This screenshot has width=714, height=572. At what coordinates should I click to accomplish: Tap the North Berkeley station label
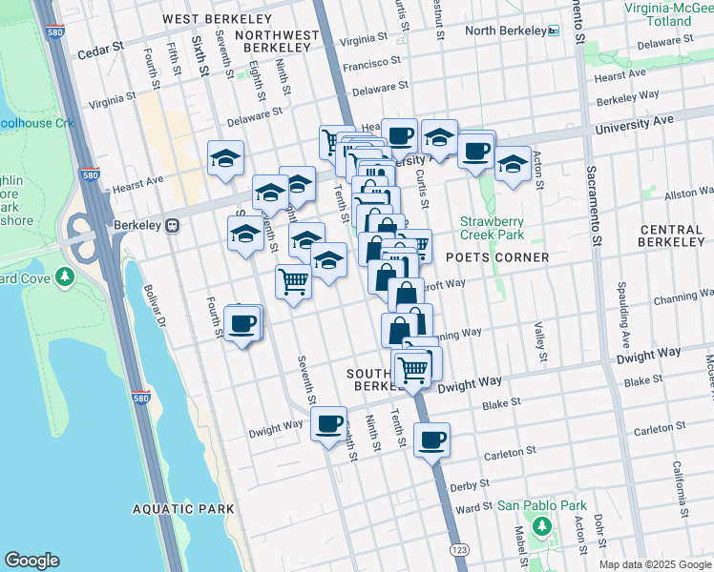[x=505, y=31]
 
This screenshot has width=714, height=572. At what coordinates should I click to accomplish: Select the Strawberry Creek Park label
[x=492, y=227]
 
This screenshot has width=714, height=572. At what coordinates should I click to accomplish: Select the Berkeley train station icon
[x=173, y=226]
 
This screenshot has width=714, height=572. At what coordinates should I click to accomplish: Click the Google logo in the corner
[x=31, y=561]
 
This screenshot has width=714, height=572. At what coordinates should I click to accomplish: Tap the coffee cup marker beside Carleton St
[x=432, y=439]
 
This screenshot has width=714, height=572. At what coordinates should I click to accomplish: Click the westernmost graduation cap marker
[x=225, y=157]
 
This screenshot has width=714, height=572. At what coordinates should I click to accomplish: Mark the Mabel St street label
[x=521, y=544]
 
